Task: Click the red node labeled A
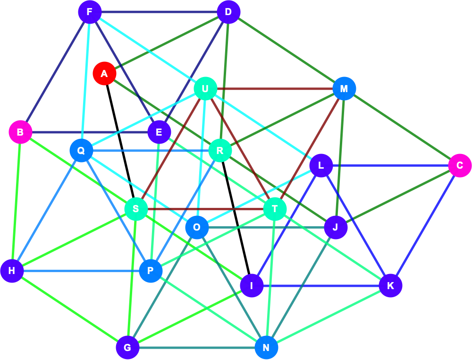(x=104, y=74)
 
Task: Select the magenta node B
(x=20, y=132)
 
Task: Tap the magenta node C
(x=460, y=165)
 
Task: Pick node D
(x=228, y=12)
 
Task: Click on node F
(x=90, y=12)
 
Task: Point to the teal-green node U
(x=205, y=88)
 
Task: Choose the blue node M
(x=344, y=88)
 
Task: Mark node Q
(x=81, y=150)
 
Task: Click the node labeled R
(x=220, y=150)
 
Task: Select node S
(x=136, y=209)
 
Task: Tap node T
(x=275, y=209)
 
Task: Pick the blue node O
(x=197, y=227)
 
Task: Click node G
(x=127, y=348)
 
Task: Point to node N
(x=266, y=348)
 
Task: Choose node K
(x=390, y=285)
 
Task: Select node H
(x=12, y=271)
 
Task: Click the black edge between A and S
(x=120, y=141)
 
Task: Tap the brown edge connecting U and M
(x=275, y=88)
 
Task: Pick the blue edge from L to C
(x=390, y=165)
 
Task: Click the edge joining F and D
(x=159, y=12)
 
